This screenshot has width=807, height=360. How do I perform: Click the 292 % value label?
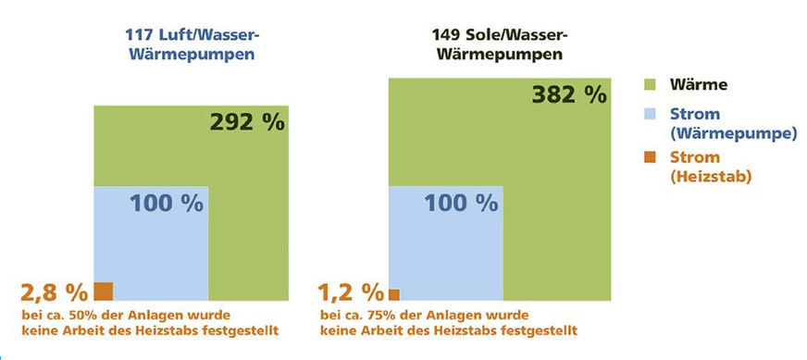coord(247,123)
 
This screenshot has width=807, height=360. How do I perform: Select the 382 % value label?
coord(568,94)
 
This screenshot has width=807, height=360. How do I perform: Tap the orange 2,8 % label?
coord(54,293)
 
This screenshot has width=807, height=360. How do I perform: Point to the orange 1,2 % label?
coord(351,293)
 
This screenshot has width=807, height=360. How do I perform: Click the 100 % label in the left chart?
coord(166,205)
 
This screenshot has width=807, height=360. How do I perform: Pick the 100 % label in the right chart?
coord(463,205)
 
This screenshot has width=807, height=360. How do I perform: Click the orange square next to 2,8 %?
coord(103,292)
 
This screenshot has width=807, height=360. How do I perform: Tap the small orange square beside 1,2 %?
coord(394,294)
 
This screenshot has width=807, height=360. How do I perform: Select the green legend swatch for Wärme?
coord(651,85)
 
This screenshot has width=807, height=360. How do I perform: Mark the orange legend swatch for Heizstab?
coord(651,157)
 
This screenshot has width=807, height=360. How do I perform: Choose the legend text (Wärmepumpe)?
coord(730,134)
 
